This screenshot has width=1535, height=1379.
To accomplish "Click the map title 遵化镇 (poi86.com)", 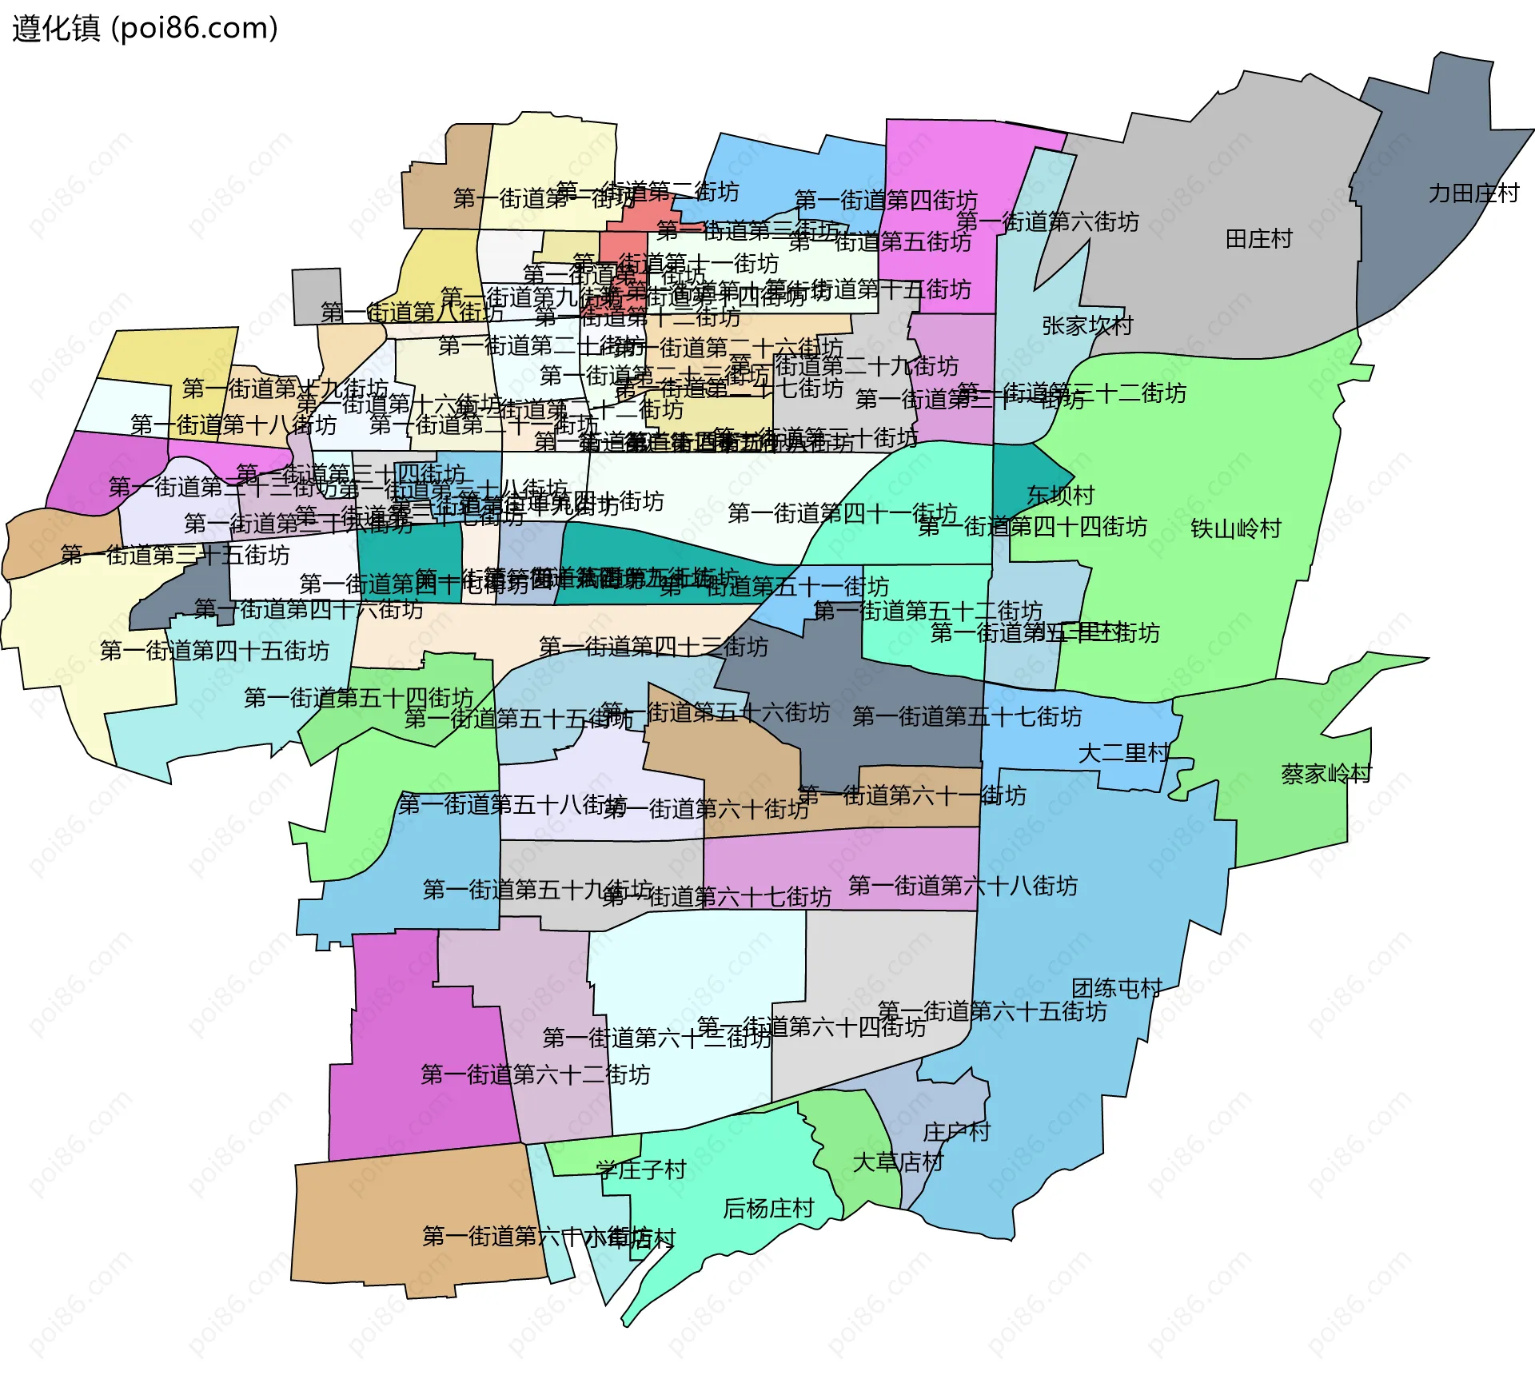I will (145, 29).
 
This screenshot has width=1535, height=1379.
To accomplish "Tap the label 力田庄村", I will (1473, 193).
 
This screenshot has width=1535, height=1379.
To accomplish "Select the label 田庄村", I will (1258, 239).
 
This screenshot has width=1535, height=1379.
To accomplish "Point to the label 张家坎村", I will (1087, 326).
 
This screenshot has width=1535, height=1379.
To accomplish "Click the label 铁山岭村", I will (1235, 528).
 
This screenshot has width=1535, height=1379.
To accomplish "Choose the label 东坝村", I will (1060, 496).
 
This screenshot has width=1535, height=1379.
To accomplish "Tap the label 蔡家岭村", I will (1326, 774).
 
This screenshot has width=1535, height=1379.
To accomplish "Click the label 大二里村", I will (1123, 754).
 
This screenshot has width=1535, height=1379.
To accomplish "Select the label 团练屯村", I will (1116, 989).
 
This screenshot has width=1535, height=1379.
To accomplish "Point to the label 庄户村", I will (956, 1132).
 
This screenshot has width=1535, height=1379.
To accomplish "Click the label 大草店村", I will (898, 1162).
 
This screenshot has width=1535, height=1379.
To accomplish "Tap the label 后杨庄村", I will (767, 1209).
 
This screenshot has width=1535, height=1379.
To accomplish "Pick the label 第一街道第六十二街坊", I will (535, 1075).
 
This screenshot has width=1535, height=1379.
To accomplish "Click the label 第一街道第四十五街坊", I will (214, 652).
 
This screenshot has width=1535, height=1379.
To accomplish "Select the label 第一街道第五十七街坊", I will (967, 717).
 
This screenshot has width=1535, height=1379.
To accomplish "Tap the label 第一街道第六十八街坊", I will (963, 887).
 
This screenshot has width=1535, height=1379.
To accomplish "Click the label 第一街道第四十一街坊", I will (842, 513).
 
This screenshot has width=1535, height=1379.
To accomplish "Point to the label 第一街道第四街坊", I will (885, 200).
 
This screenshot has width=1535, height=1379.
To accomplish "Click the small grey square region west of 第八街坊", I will (317, 296).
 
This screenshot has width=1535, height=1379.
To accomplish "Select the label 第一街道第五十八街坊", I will (512, 804).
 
